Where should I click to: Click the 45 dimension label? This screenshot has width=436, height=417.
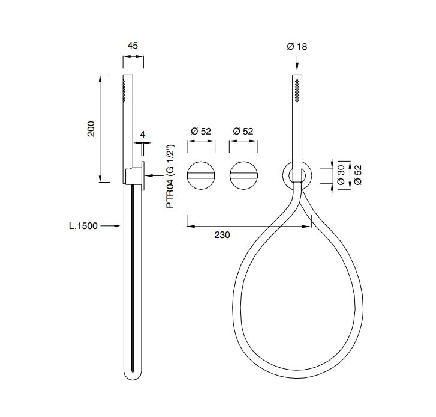133,46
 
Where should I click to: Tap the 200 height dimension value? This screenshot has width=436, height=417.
91,129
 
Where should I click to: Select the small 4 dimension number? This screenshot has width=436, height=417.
142,135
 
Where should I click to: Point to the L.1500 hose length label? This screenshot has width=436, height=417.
83,226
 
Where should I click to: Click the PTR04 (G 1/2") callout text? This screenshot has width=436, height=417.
170,176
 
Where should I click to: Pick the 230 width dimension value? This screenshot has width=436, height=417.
222,235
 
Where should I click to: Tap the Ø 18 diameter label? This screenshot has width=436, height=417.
297,46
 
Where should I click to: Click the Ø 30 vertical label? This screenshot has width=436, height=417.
341,175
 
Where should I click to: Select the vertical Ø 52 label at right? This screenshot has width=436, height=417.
358,175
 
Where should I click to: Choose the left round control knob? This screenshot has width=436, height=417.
201,175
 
